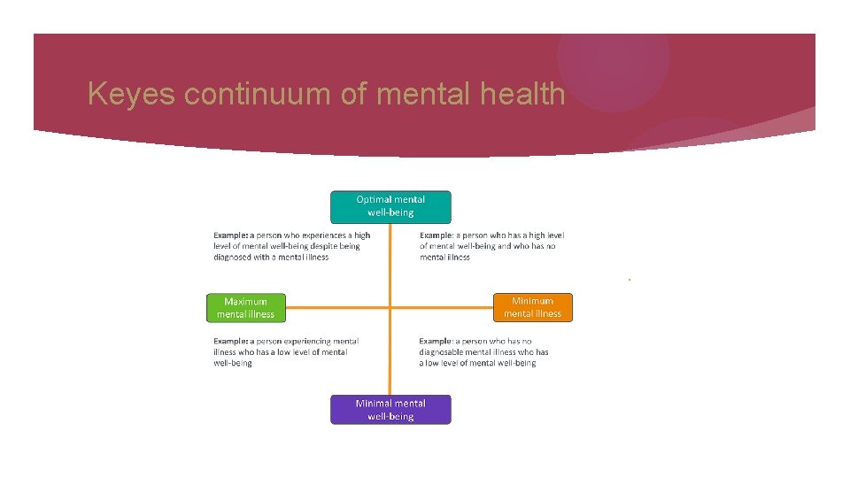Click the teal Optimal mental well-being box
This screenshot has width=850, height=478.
[390, 206]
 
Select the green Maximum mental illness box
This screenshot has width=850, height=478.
[246, 308]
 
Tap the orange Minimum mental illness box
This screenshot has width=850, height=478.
[532, 307]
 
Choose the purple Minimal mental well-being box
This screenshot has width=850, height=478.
[390, 410]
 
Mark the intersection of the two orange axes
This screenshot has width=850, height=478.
[390, 308]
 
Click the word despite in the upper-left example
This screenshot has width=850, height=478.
[321, 246]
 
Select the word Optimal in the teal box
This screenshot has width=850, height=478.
[372, 200]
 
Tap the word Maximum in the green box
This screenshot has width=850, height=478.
[245, 302]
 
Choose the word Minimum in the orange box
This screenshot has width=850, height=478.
[532, 301]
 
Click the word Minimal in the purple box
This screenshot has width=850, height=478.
[372, 404]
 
